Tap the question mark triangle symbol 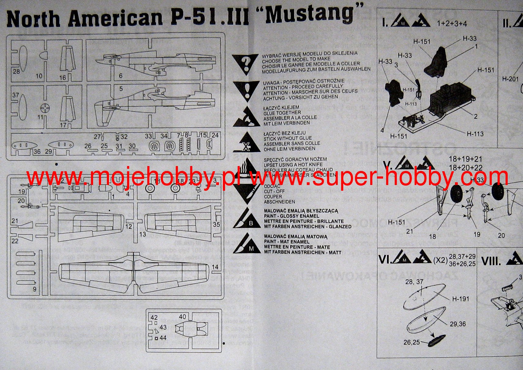(x=245, y=64)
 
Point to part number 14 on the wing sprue (x=215, y=267)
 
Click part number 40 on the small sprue (x=182, y=317)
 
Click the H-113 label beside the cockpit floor (x=475, y=134)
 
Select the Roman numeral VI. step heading (x=385, y=260)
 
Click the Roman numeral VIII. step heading (x=491, y=261)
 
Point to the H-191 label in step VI (x=461, y=299)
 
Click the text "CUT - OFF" (x=274, y=191)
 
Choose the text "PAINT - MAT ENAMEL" (x=287, y=242)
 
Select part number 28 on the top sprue (x=16, y=72)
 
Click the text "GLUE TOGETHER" (x=282, y=113)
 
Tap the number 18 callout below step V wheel (x=432, y=236)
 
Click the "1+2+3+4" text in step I (x=452, y=24)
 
